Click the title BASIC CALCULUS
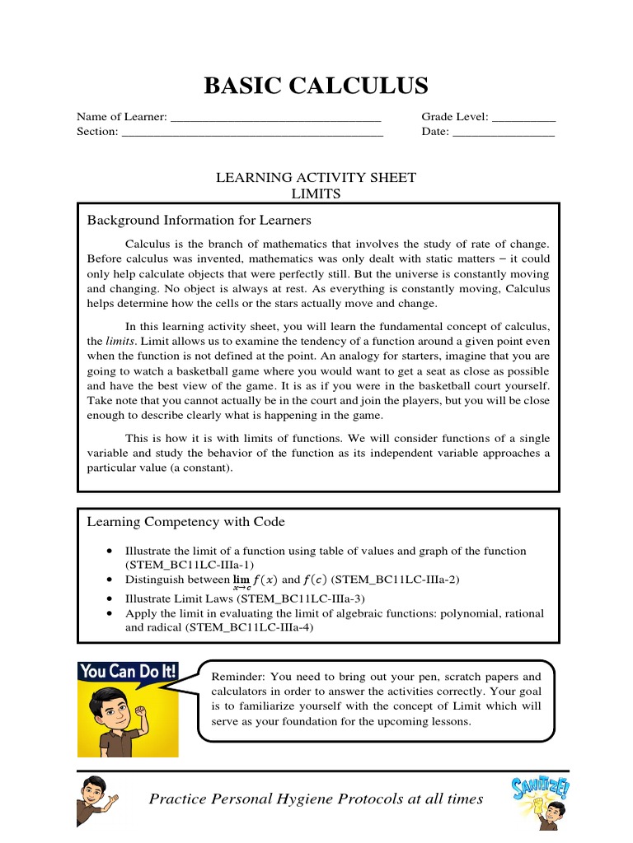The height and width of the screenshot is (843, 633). (x=316, y=86)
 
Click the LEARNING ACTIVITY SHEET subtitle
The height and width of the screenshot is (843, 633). (x=316, y=178)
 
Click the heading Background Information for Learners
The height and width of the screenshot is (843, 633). (x=199, y=221)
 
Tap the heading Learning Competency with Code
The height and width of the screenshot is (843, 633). (x=186, y=522)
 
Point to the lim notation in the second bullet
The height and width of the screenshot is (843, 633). (x=241, y=581)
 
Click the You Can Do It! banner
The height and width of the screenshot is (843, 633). (x=128, y=671)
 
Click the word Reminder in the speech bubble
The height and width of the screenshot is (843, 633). (x=239, y=676)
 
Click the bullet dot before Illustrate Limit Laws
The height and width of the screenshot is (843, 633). (x=110, y=598)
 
